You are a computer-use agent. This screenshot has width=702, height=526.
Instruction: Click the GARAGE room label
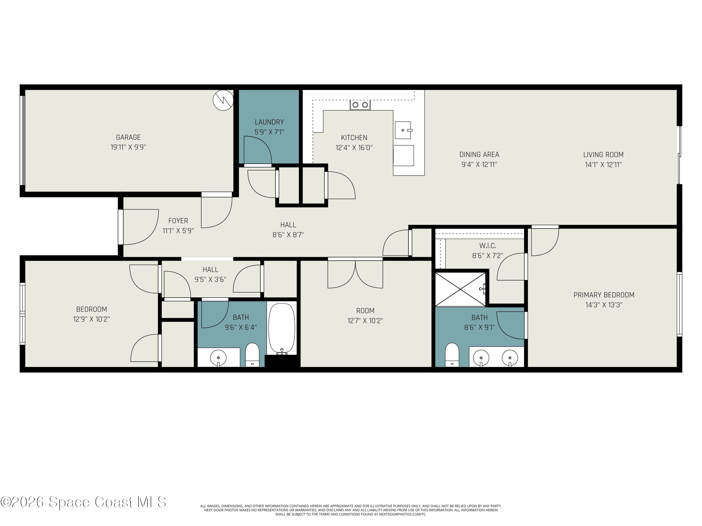pyautogui.click(x=128, y=137)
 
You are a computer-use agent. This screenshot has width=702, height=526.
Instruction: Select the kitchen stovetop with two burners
pyautogui.click(x=360, y=105)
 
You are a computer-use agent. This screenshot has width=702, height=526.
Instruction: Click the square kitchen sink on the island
pyautogui.click(x=403, y=130)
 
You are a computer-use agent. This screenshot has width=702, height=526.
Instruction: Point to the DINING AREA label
pyautogui.click(x=479, y=155)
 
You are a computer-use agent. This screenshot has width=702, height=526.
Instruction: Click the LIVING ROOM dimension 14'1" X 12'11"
pyautogui.click(x=603, y=165)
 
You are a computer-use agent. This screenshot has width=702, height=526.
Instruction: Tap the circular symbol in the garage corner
pyautogui.click(x=223, y=101)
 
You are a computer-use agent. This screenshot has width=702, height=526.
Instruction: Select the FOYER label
pyautogui.click(x=178, y=221)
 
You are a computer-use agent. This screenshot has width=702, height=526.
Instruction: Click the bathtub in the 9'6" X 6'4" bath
pyautogui.click(x=282, y=328)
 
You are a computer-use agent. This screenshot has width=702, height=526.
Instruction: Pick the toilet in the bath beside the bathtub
pyautogui.click(x=252, y=354)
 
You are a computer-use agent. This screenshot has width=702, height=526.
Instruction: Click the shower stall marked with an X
pyautogui.click(x=460, y=289)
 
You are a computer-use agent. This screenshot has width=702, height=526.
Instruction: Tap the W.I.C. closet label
pyautogui.click(x=487, y=246)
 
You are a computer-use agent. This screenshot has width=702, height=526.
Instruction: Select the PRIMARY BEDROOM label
pyautogui.click(x=604, y=295)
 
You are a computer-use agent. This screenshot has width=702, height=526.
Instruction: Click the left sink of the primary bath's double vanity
pyautogui.click(x=481, y=358)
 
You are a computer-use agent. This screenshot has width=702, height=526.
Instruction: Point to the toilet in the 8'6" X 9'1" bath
pyautogui.click(x=452, y=354)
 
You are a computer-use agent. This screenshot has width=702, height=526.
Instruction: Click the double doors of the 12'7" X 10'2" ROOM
pyautogui.click(x=355, y=273)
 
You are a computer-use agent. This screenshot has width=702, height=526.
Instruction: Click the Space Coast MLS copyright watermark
pyautogui.click(x=83, y=502)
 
